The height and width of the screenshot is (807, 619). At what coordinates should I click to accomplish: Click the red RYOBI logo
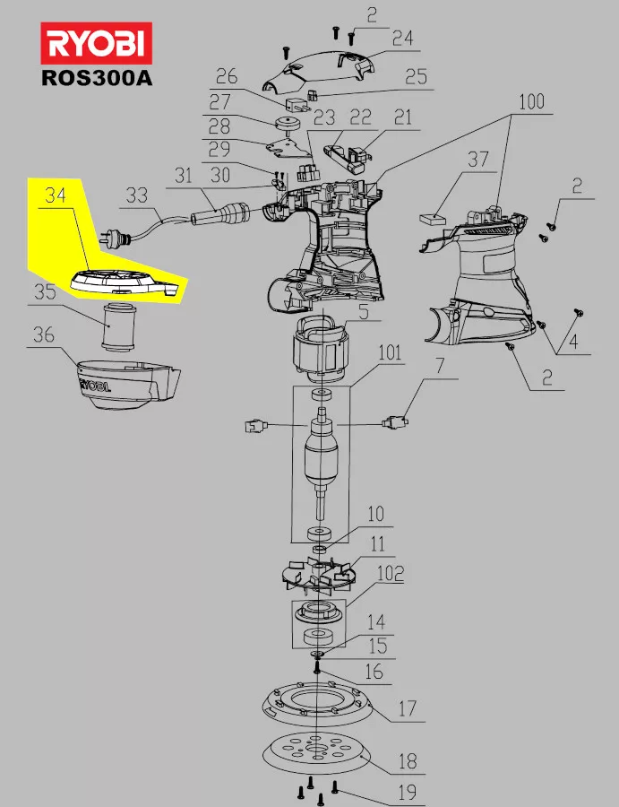coord(96,43)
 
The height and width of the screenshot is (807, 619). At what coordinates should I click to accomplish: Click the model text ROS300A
coord(97,78)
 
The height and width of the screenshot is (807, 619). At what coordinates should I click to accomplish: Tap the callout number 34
coord(56,195)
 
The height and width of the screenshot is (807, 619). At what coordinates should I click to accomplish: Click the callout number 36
coord(44,335)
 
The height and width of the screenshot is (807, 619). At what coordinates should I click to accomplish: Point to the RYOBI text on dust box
coord(94,385)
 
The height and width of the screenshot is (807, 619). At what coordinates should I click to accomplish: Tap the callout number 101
coord(390,353)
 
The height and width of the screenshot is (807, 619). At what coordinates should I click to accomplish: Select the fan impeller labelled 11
coord(318,573)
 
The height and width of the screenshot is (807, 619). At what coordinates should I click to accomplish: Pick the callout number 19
coord(408,792)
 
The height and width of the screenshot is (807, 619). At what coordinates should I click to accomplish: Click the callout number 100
coord(531,102)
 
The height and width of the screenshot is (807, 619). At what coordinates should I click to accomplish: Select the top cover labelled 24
coord(319,72)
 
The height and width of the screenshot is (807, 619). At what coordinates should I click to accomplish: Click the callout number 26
coord(227,77)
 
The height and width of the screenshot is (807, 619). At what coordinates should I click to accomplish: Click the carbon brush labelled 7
coord(395,423)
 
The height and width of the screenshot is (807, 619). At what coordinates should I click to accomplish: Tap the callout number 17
coord(407,709)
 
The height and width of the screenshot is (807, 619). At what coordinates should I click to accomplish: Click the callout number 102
coord(391,574)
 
